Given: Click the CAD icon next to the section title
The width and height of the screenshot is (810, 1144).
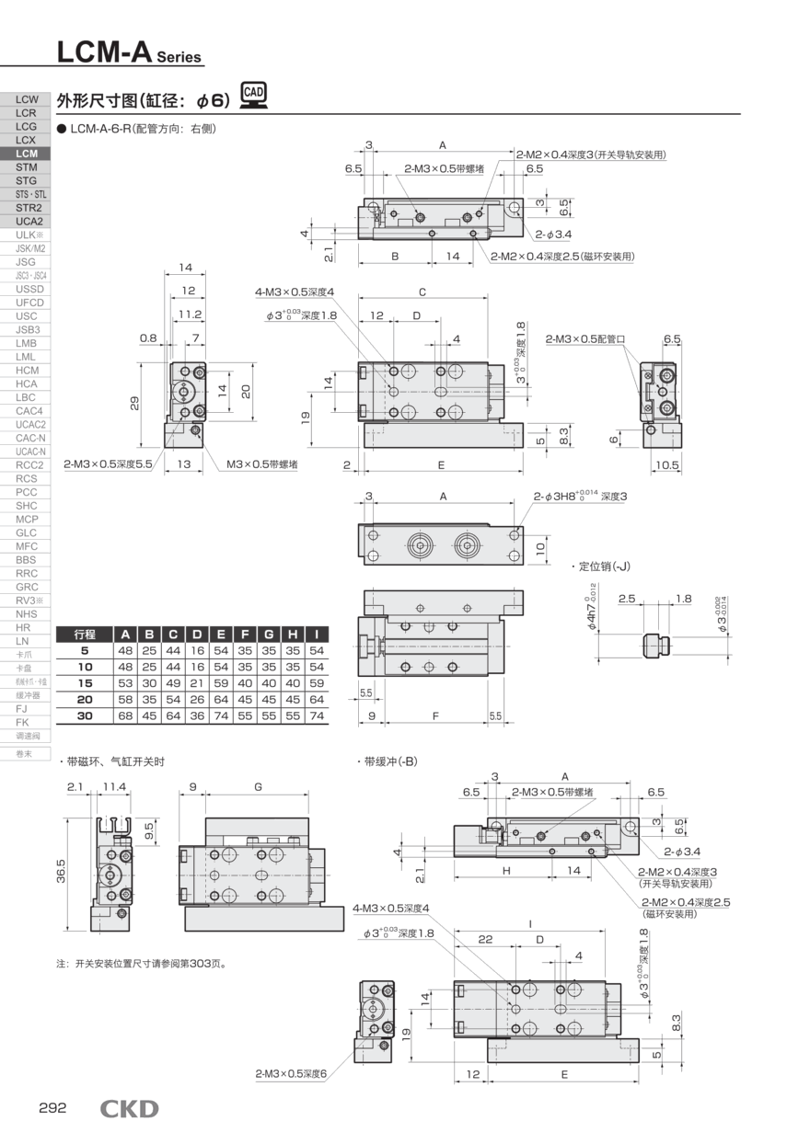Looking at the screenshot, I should (x=253, y=96).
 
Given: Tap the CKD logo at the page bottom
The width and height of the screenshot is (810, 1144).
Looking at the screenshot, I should (x=129, y=1109).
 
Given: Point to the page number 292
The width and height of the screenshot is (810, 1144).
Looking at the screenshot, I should (x=52, y=1108).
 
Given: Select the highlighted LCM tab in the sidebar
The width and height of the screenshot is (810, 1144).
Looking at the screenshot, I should (x=27, y=154).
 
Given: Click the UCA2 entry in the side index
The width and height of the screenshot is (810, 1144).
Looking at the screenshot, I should (x=27, y=222).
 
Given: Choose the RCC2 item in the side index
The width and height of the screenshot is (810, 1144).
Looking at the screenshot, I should (x=27, y=464).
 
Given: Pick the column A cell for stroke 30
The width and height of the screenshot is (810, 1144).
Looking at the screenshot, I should (x=125, y=715).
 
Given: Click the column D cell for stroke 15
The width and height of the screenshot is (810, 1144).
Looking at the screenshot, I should (x=197, y=682).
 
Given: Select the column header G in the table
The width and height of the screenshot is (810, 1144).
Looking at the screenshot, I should (x=269, y=634).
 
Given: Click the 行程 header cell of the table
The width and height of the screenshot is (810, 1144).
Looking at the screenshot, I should (x=85, y=634).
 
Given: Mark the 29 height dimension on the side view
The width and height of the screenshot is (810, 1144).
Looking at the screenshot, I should (x=135, y=404).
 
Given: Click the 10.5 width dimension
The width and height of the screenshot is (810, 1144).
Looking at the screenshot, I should (x=667, y=464).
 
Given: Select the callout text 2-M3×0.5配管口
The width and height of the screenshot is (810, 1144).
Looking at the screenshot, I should (x=584, y=338).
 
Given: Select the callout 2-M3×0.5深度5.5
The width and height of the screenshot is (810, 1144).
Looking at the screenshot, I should (x=108, y=464).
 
